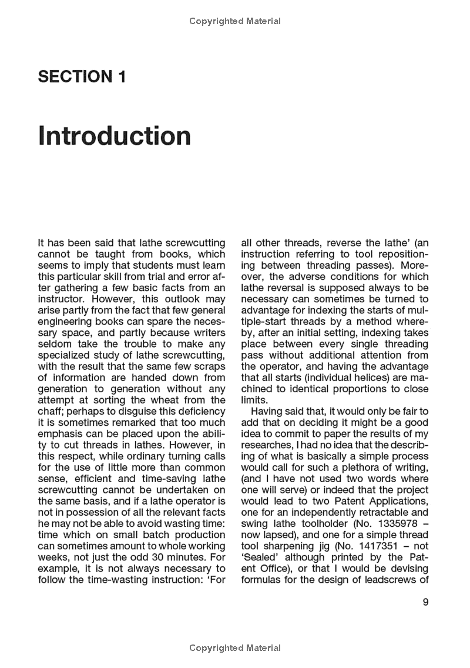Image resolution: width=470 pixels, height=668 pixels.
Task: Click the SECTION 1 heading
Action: coord(82,76)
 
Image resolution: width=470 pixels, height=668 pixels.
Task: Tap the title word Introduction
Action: coord(115,136)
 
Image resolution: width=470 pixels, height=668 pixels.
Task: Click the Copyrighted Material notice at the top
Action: coord(235,21)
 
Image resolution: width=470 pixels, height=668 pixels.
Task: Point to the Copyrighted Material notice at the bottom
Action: coord(235,648)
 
